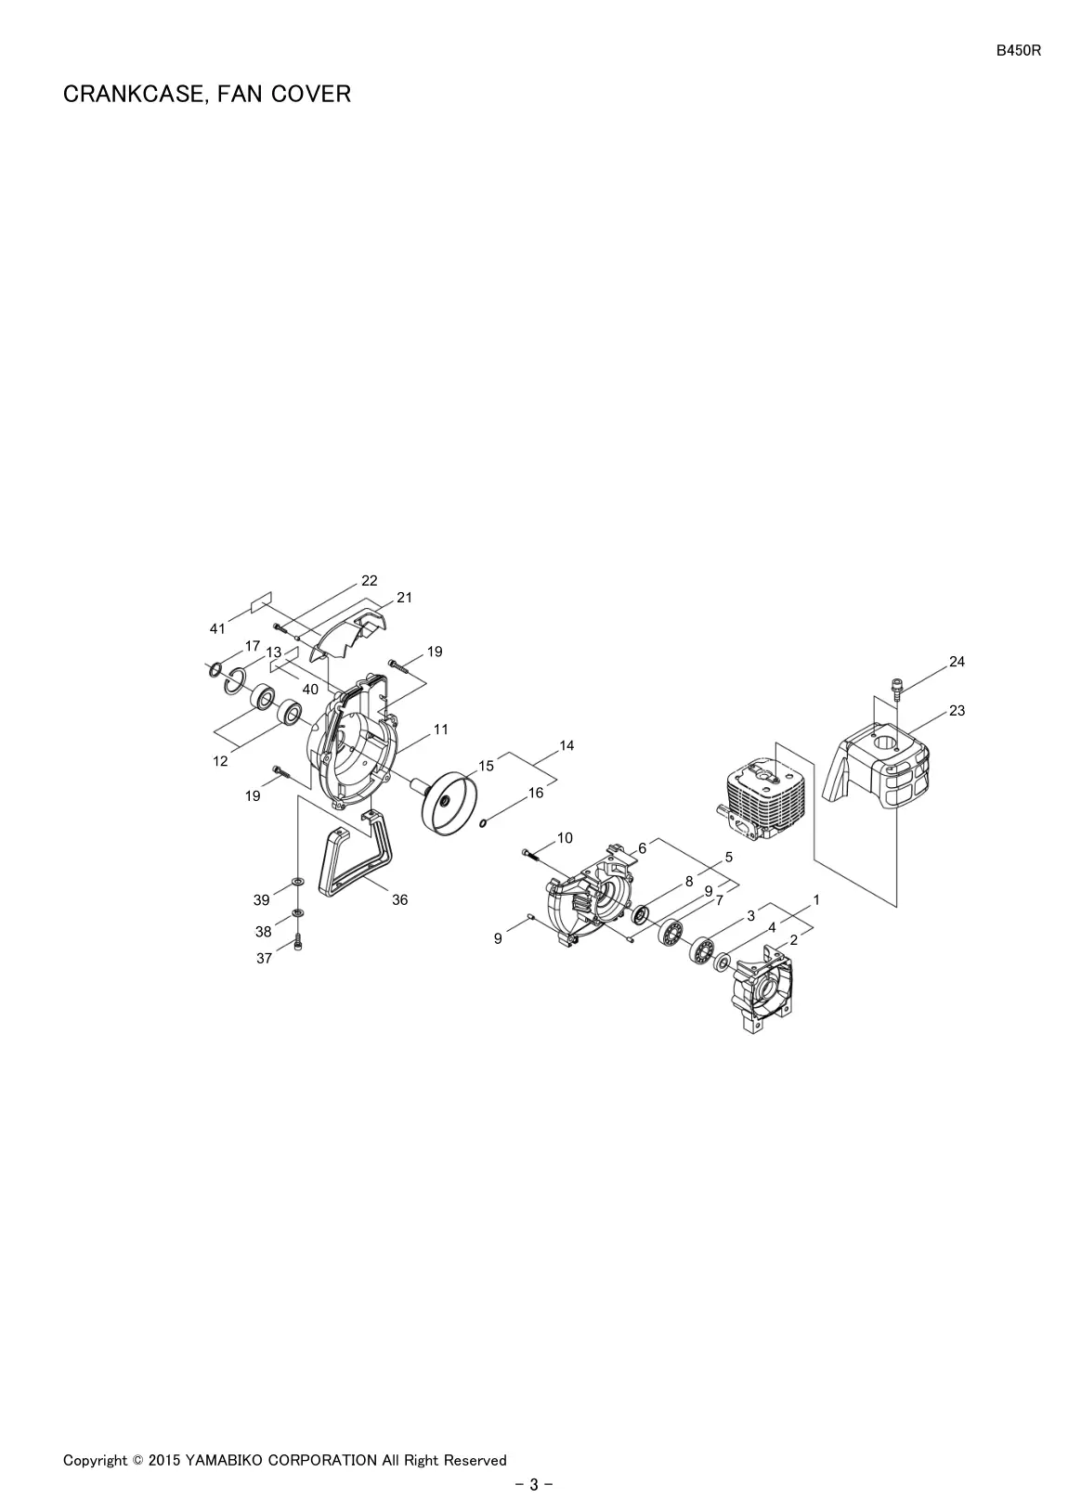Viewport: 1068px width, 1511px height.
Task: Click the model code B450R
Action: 1018,51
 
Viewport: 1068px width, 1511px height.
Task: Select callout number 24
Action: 957,662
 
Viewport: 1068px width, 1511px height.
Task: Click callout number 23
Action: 957,710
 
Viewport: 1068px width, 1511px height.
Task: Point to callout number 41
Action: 217,628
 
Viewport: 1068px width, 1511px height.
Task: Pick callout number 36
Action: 399,900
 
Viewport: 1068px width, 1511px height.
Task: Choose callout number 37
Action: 264,959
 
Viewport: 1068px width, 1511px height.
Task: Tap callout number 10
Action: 565,838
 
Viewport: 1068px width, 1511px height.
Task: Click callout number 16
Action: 535,794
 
